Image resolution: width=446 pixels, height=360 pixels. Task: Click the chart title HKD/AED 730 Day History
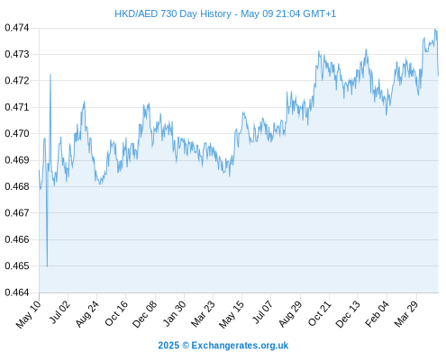pos(173,13)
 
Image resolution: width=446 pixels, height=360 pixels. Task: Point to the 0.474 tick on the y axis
pos(17,28)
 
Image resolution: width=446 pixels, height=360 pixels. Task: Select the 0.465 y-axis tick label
pos(17,265)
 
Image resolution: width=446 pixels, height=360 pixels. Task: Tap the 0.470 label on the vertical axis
pos(17,133)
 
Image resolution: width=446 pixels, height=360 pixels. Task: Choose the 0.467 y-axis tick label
pos(17,213)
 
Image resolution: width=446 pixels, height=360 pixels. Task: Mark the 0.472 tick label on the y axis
pos(17,81)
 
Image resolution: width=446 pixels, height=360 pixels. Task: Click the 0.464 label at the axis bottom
pos(17,292)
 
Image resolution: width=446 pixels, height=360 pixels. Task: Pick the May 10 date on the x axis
pos(28,314)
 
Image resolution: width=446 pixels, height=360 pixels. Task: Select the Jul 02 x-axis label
pos(59,312)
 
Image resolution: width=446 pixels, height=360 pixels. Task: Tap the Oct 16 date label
pos(116,313)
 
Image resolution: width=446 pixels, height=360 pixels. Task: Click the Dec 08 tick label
pos(144,314)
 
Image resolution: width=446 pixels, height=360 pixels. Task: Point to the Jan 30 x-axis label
pos(174,313)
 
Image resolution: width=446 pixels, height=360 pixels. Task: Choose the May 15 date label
pos(232,314)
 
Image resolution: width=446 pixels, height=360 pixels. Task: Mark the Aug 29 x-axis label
pos(290,313)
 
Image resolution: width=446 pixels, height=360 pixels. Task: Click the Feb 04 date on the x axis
pos(377,313)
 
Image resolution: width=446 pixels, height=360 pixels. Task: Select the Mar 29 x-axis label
pos(406,313)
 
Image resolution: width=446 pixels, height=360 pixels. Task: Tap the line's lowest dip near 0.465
pos(47,266)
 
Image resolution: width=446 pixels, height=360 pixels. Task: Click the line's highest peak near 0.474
pos(435,30)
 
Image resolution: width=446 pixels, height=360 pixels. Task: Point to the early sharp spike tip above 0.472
pos(50,75)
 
